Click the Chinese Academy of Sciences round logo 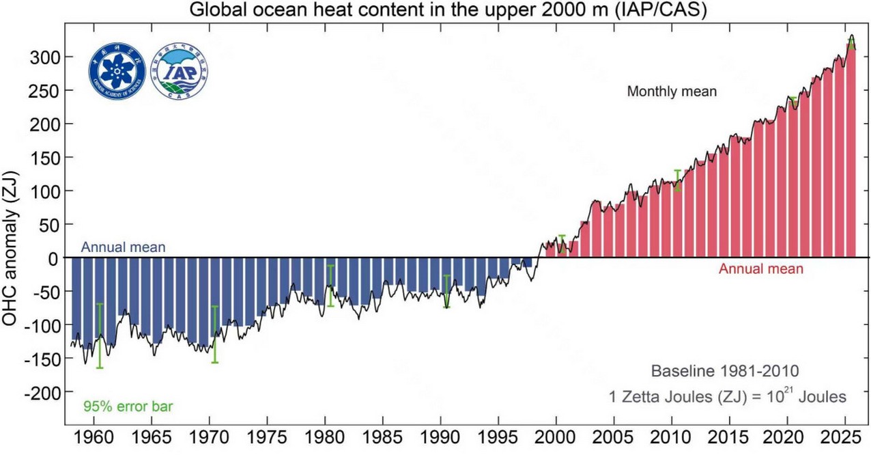[x=117, y=72]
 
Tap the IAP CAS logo [x=180, y=72]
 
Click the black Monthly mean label [x=672, y=92]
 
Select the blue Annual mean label [x=123, y=247]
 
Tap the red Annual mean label [x=760, y=269]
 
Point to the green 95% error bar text [x=128, y=406]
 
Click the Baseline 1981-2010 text [x=724, y=372]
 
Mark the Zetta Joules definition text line [x=727, y=396]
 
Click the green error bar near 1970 [x=215, y=334]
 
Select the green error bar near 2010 [x=678, y=180]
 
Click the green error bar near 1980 [x=330, y=285]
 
